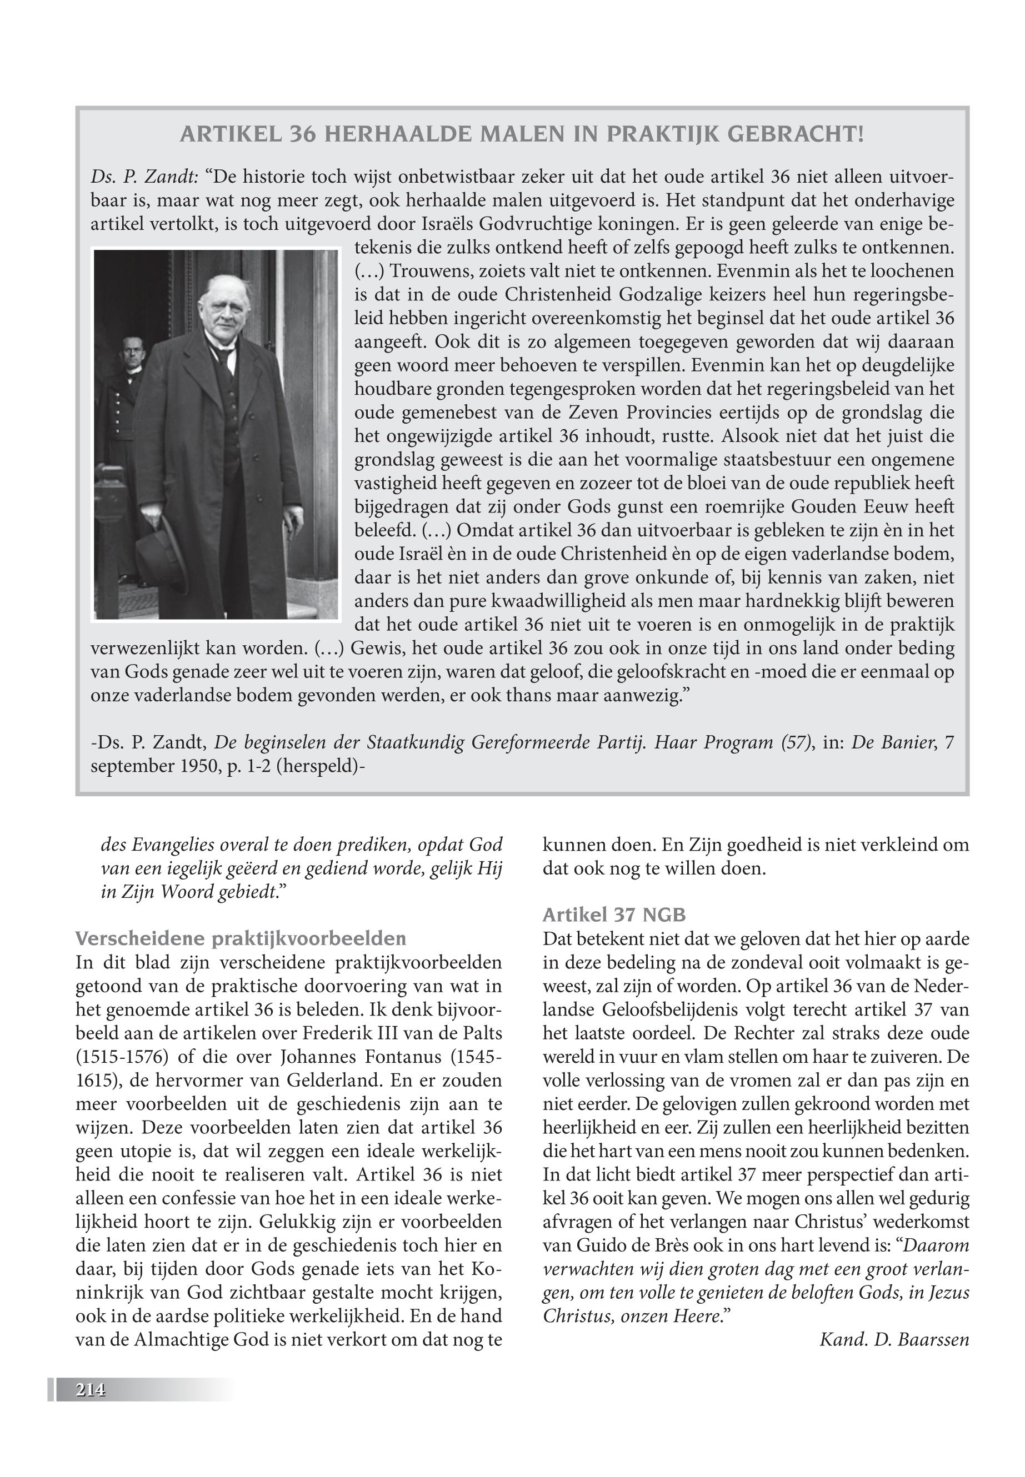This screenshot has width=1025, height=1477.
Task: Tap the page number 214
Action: pos(91,1390)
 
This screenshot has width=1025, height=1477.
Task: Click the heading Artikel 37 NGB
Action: pos(614,915)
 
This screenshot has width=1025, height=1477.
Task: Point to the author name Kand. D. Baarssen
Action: pos(894,1340)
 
